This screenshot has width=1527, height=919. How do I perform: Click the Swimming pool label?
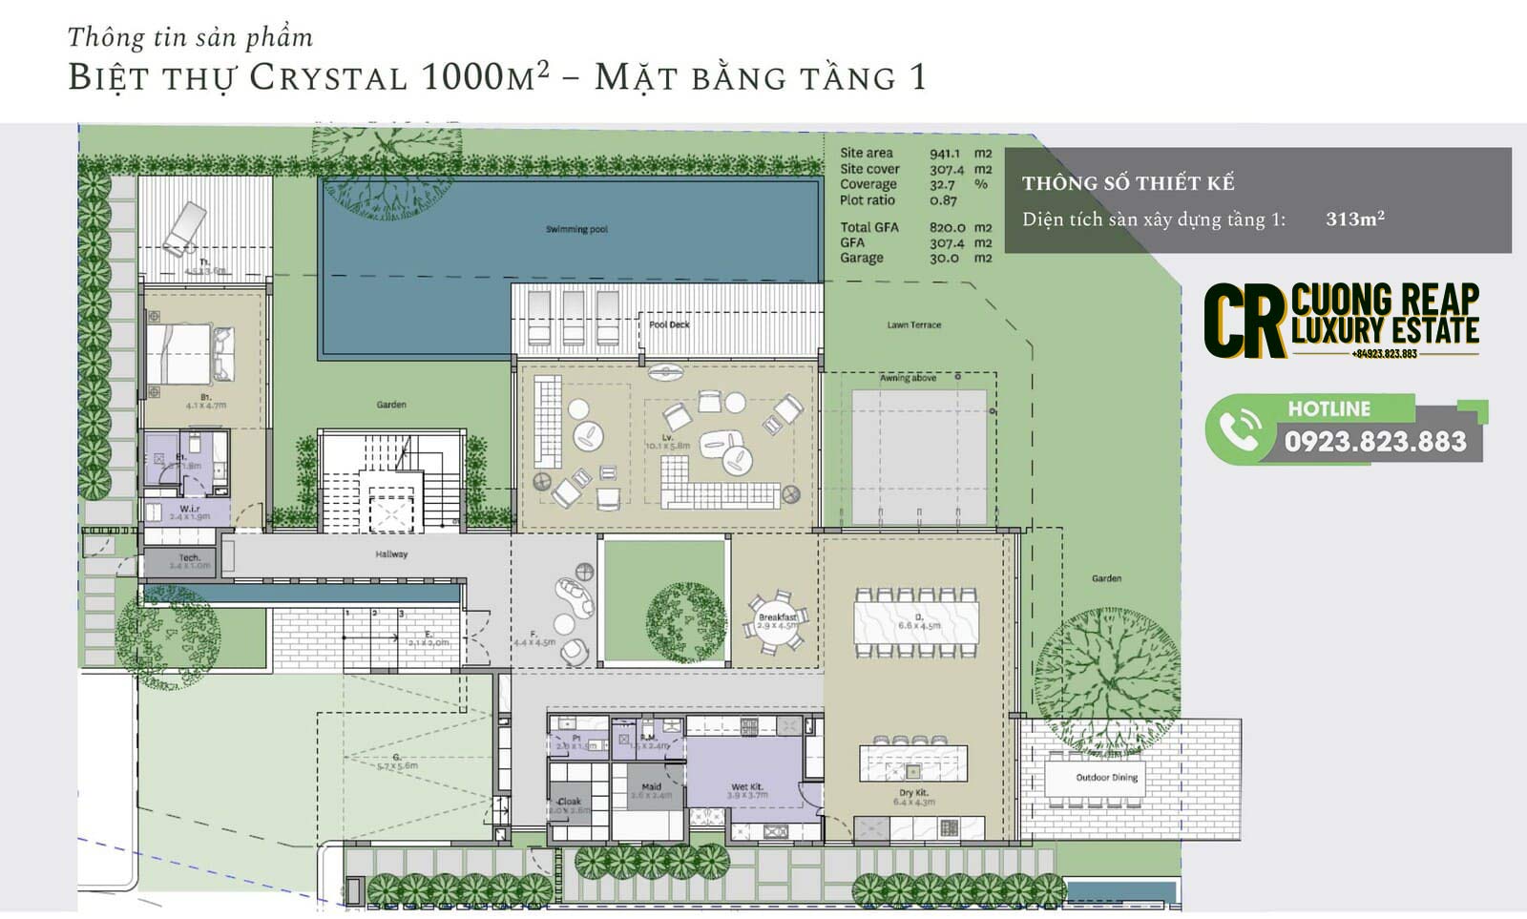tap(576, 229)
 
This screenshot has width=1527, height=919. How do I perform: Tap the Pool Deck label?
tap(669, 324)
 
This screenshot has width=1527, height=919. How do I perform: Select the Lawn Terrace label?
tap(913, 324)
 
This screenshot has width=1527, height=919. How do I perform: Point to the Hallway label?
tap(391, 553)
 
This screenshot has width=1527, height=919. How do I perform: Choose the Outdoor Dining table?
tap(1107, 779)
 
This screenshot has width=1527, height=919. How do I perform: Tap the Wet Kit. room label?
tap(747, 787)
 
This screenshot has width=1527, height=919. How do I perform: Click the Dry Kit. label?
tap(913, 793)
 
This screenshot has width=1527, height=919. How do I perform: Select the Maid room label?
tap(651, 787)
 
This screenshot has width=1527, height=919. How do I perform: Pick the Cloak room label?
tap(570, 802)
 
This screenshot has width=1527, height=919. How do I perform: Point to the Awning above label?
tap(908, 378)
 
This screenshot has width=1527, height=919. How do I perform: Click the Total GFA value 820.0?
tap(947, 227)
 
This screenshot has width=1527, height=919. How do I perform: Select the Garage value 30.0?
tap(944, 258)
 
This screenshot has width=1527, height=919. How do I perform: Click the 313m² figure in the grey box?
tap(1354, 219)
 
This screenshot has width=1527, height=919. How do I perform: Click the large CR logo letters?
tap(1244, 321)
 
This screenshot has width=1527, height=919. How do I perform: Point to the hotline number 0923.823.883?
tap(1374, 441)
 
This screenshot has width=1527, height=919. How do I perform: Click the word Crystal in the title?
tap(328, 77)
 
